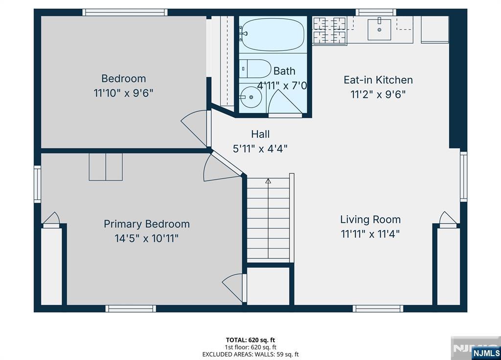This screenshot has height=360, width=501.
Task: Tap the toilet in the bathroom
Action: pos(255,68)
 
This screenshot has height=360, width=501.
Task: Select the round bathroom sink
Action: pos(251,97)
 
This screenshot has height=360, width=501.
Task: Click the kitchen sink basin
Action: pos(379,30)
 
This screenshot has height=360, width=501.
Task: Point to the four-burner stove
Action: pos(329,30)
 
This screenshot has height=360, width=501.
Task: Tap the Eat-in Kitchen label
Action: pos(378,80)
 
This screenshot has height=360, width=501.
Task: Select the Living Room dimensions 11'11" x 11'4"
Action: pos(370,234)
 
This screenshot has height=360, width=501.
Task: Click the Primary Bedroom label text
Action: pos(147,224)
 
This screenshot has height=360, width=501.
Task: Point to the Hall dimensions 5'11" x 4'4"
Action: pos(260,149)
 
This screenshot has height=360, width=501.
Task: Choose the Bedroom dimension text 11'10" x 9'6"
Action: pos(123,93)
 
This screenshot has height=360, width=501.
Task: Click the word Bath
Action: pos(284,71)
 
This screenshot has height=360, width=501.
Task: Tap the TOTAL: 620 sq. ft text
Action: pos(250,340)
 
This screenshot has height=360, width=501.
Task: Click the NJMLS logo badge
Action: pos(486,353)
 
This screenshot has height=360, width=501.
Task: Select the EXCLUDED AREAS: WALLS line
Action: pos(250,354)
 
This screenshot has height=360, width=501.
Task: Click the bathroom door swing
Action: pos(284,102)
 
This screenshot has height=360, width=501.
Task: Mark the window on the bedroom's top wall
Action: pos(125,12)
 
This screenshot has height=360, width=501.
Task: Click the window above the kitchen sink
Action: pos(376,12)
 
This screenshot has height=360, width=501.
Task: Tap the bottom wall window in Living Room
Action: pos(378,309)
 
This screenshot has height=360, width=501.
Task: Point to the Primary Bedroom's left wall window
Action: pos(37,184)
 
